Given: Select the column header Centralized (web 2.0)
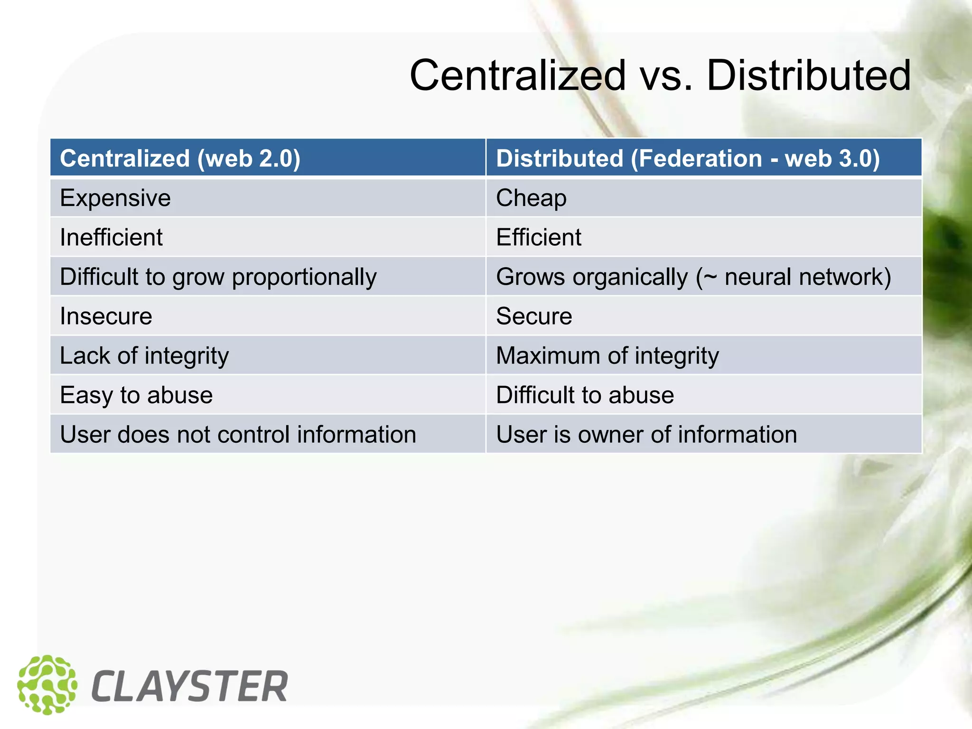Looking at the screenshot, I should (180, 158).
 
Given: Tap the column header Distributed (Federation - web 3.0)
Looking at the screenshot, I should (688, 158).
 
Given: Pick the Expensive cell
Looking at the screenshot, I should (115, 198).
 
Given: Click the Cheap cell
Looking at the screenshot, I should (531, 198).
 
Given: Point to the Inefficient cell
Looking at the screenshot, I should (111, 237).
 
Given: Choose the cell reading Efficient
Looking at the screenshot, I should (538, 237).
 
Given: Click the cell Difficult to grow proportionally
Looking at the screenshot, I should (218, 277).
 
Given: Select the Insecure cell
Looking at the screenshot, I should (106, 316).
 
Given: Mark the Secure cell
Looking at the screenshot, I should (534, 316).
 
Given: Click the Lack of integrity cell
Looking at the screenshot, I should (144, 355).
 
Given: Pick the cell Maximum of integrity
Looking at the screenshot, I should (607, 355).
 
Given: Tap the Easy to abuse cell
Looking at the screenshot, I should (136, 395).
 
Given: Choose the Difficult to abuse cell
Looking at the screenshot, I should (585, 395).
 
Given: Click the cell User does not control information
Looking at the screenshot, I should (238, 434).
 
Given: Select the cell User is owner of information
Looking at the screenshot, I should (646, 434).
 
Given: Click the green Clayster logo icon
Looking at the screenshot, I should (47, 685).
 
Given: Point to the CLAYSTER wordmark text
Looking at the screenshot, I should (189, 686).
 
